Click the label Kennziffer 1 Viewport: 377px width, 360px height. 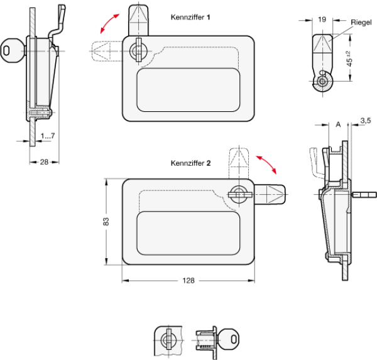pos(190,18)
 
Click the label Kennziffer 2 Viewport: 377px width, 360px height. pos(190,163)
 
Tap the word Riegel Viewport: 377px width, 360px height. pos(361,23)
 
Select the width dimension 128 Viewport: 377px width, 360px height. pos(188,280)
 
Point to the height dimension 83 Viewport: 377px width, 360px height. pos(106,222)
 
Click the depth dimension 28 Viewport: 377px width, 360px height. pos(44,162)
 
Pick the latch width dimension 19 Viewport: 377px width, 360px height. pos(322,19)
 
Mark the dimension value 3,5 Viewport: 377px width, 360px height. pos(366,121)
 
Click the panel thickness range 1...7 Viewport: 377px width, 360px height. pos(48,136)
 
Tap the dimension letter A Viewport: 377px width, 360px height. pos(338,124)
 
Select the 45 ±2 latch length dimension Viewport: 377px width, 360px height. pos(349,59)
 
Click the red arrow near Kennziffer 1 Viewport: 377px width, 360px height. pos(109,23)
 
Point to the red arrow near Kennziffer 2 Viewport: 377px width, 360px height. pos(266,165)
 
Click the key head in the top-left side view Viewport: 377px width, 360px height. pos(10,51)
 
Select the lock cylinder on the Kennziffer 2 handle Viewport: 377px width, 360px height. pos(240,194)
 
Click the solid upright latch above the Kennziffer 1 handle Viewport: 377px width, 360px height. pos(138,21)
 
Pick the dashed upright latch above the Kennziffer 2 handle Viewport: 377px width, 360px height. pos(239,163)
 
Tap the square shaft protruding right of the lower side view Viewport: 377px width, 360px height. pos(364,195)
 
